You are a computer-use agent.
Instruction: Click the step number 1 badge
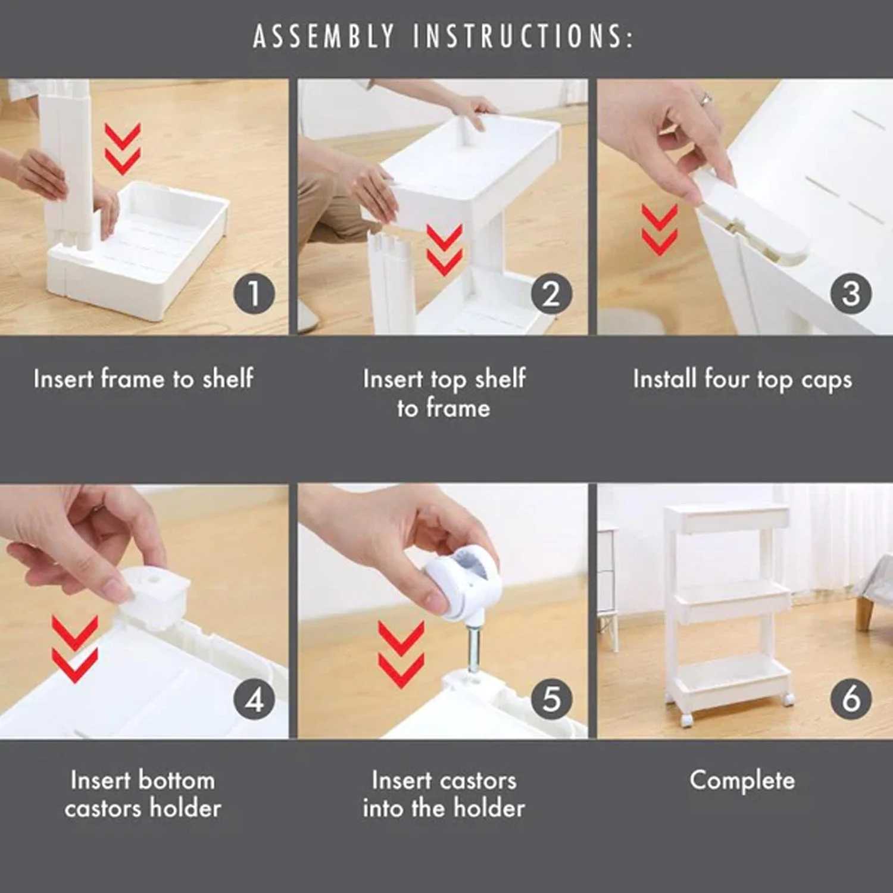point(254,293)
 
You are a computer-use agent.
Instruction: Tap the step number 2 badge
point(551,293)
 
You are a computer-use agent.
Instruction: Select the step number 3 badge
point(851,293)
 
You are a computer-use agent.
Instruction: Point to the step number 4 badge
point(254,699)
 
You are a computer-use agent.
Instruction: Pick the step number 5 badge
point(551,699)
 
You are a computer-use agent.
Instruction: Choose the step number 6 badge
point(851,699)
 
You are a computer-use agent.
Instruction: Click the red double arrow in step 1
point(123,149)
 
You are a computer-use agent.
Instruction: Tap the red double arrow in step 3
point(660,230)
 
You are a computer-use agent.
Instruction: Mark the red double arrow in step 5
point(401,655)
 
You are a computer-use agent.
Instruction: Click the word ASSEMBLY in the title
point(323,36)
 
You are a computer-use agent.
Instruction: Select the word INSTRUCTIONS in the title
point(523,36)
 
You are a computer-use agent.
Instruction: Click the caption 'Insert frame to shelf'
point(143,379)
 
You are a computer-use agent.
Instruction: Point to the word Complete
point(742,780)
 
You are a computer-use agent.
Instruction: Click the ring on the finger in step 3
point(705,99)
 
